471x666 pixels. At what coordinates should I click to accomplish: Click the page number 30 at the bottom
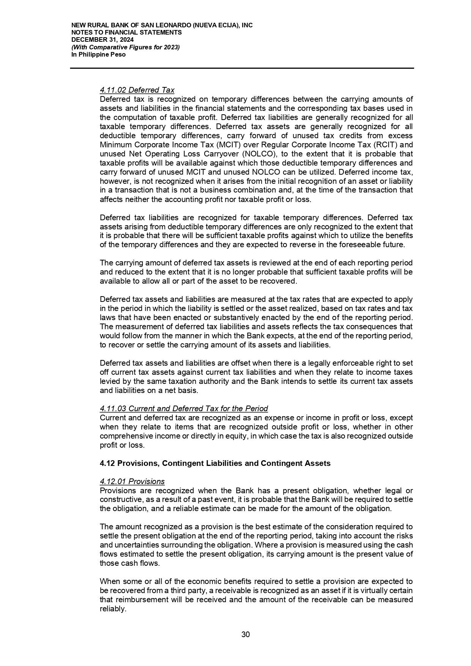click(x=246, y=634)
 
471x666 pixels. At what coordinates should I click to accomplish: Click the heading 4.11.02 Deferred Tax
click(x=137, y=90)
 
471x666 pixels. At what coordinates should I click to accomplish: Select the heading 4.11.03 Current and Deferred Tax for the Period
click(x=184, y=409)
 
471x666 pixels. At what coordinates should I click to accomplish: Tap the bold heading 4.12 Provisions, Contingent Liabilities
click(x=215, y=463)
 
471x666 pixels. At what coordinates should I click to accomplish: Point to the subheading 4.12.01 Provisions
click(x=132, y=481)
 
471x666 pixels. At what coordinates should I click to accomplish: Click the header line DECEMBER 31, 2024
click(x=102, y=40)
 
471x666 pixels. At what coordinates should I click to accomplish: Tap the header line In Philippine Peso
click(x=98, y=55)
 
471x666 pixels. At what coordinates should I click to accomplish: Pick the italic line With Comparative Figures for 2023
click(x=125, y=47)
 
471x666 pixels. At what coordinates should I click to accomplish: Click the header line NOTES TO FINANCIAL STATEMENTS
click(x=126, y=33)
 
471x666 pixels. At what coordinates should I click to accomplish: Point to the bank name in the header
click(x=162, y=25)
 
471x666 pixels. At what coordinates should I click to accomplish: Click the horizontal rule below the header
click(x=242, y=68)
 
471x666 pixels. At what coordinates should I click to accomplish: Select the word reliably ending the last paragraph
click(x=112, y=609)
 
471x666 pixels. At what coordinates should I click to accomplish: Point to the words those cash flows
click(x=129, y=563)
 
